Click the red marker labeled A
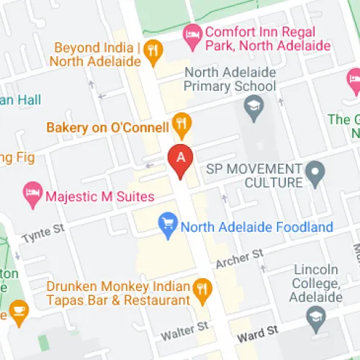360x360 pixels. tap(180, 159)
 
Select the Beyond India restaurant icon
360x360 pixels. tap(153, 50)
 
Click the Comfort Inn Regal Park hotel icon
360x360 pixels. tap(192, 33)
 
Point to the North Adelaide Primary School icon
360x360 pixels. tap(253, 109)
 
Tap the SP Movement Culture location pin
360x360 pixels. tap(315, 172)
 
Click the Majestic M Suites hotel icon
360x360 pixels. tap(32, 192)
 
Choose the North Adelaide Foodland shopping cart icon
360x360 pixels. tap(168, 226)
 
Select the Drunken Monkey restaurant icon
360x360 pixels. tap(203, 291)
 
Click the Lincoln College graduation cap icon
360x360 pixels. tap(315, 315)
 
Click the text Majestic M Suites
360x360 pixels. tap(100, 196)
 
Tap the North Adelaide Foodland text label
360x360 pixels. tap(257, 228)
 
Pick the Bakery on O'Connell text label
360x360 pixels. tap(107, 127)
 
